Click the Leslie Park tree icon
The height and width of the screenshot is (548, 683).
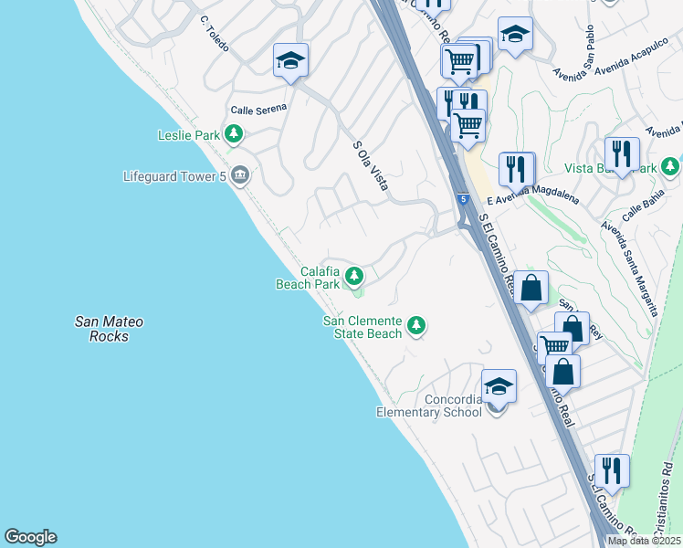pyautogui.click(x=235, y=135)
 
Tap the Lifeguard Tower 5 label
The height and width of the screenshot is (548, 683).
pyautogui.click(x=174, y=175)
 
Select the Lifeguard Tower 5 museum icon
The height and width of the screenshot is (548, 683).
pyautogui.click(x=240, y=174)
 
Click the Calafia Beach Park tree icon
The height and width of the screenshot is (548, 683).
pyautogui.click(x=353, y=275)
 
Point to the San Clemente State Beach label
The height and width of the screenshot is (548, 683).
pyautogui.click(x=363, y=327)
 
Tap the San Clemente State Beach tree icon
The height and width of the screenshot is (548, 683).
pyautogui.click(x=416, y=325)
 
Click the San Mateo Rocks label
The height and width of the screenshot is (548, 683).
pyautogui.click(x=109, y=329)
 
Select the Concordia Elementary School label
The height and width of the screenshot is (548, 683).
pyautogui.click(x=429, y=406)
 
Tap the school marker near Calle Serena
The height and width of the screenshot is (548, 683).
pyautogui.click(x=290, y=60)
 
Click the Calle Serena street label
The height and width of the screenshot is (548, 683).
pyautogui.click(x=258, y=109)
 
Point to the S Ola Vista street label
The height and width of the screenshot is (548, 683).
pyautogui.click(x=370, y=164)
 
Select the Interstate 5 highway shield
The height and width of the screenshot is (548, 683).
pyautogui.click(x=464, y=198)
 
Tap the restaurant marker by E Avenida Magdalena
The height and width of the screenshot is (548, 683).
pyautogui.click(x=516, y=169)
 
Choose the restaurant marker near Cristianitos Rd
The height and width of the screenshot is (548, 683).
pyautogui.click(x=612, y=470)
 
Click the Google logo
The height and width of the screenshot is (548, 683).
pyautogui.click(x=30, y=537)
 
